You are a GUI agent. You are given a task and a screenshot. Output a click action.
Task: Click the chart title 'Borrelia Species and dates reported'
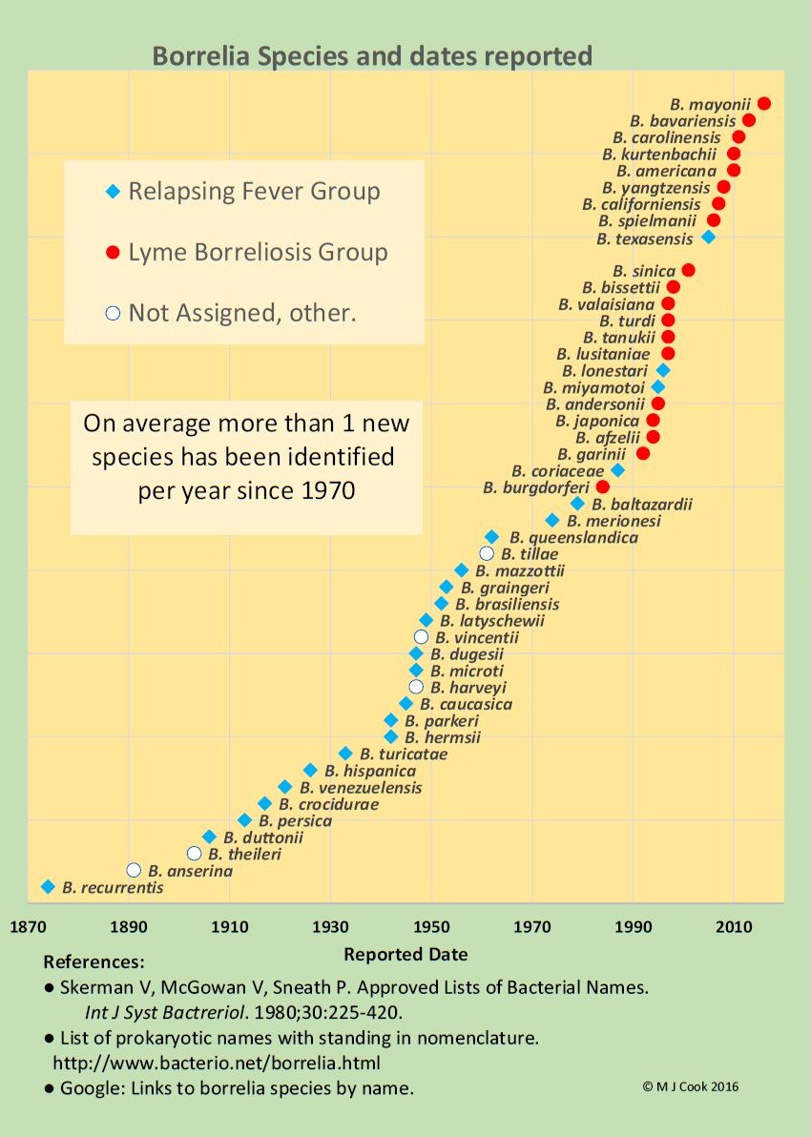tap(372, 55)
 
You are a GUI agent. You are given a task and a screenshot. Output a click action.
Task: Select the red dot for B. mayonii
tap(763, 103)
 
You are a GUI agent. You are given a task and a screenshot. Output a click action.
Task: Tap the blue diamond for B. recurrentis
tap(48, 887)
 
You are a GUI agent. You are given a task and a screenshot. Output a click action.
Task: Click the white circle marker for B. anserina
tap(134, 870)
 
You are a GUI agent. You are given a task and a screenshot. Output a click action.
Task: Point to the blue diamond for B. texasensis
tap(708, 237)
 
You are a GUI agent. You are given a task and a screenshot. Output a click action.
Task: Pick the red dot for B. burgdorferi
tap(602, 486)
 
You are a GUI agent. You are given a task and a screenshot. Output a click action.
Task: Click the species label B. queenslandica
tap(573, 537)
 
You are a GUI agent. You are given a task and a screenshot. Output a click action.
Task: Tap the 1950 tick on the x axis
tap(431, 924)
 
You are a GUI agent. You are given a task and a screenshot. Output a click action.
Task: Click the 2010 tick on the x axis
tap(734, 924)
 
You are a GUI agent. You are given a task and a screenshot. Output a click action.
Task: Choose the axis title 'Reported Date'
tap(405, 954)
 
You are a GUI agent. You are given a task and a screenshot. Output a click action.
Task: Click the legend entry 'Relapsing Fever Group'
tap(254, 191)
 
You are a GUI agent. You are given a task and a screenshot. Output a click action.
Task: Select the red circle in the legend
tap(113, 253)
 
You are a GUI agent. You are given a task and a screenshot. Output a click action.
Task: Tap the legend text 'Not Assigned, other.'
tap(242, 312)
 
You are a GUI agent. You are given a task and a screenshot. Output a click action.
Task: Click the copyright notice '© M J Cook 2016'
tap(691, 1086)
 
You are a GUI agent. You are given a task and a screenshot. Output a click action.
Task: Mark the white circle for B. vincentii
tap(421, 636)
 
